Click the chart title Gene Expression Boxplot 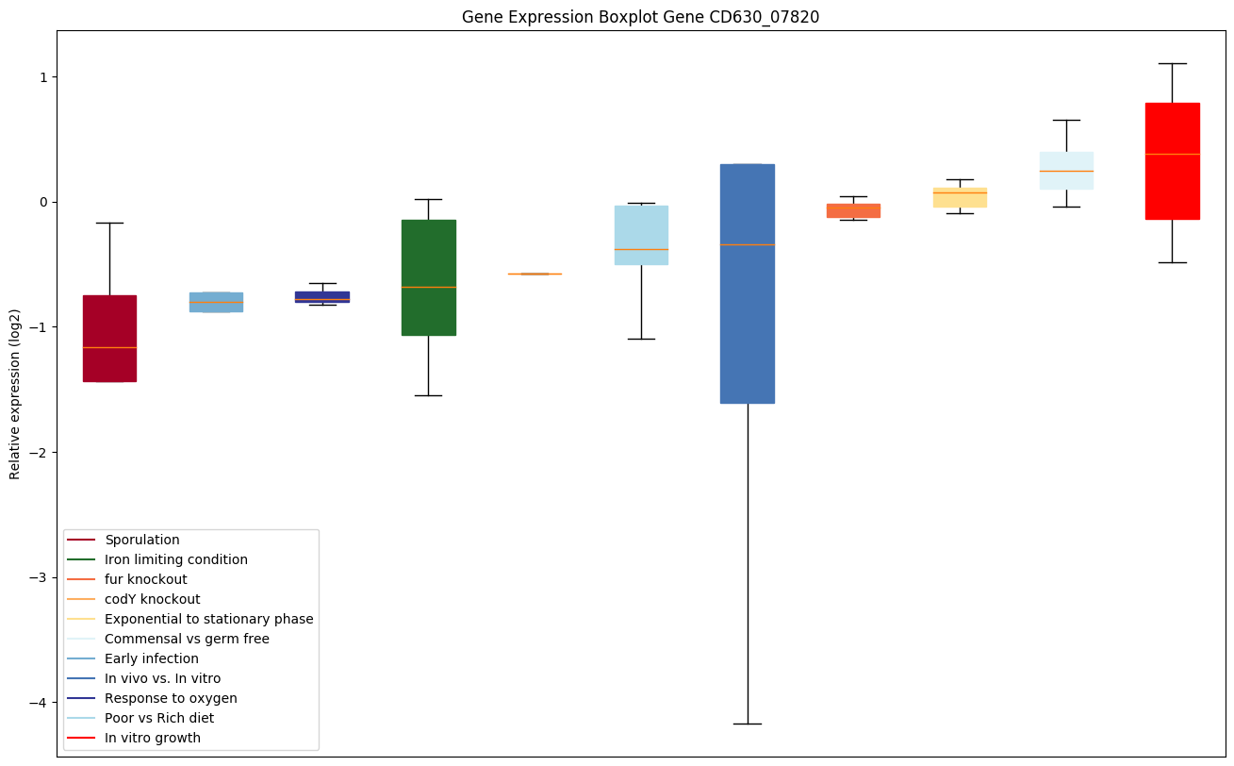click(640, 17)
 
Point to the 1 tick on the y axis click(44, 76)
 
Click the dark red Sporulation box click(109, 338)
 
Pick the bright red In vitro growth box click(1172, 160)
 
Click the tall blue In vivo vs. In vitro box click(747, 283)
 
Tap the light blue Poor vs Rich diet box click(641, 235)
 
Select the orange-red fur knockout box click(853, 210)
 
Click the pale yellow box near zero click(960, 197)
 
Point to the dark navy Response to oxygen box click(322, 296)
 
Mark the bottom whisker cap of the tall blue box click(747, 724)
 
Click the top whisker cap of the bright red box click(1172, 63)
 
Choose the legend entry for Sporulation click(141, 540)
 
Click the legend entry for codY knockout click(152, 599)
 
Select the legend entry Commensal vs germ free click(187, 639)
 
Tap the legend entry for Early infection click(151, 658)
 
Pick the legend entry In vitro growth click(152, 738)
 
